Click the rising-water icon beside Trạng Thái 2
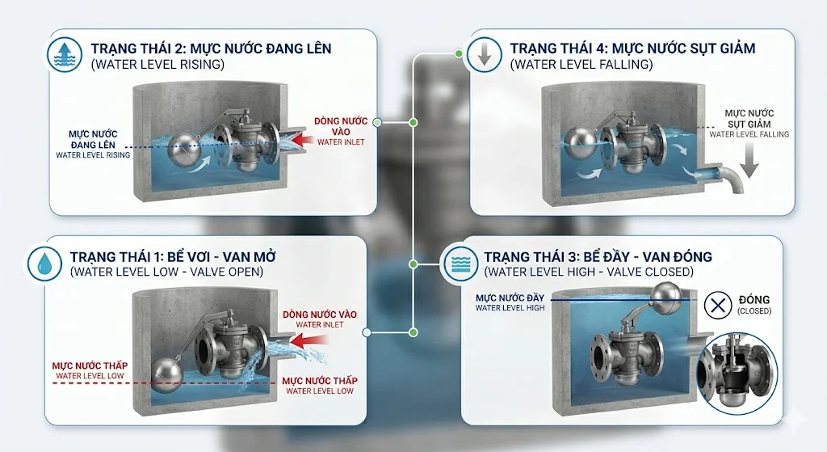[64, 54]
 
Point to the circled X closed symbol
[717, 305]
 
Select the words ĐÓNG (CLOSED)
[755, 305]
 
